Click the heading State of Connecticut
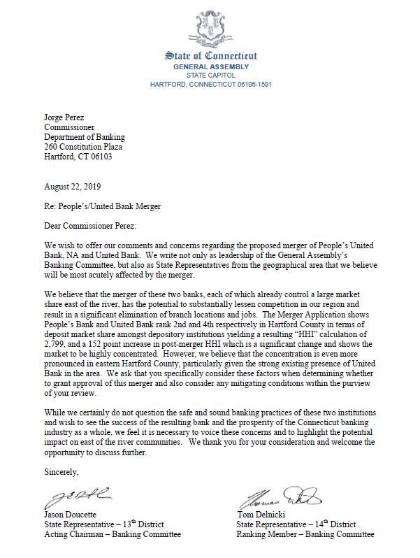click(x=210, y=56)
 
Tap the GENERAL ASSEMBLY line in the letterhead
click(x=210, y=66)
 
